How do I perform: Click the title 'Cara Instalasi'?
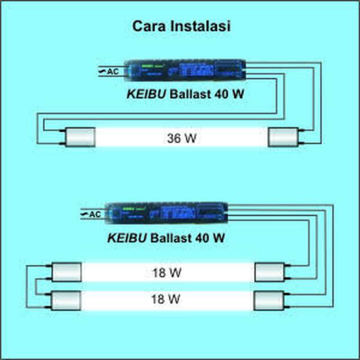[x=181, y=26]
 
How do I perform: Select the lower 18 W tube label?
[x=166, y=299]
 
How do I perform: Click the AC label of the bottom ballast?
[x=94, y=214]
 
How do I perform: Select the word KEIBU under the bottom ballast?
[x=127, y=238]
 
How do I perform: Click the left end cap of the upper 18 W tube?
[x=66, y=273]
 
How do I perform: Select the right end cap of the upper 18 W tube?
[x=268, y=273]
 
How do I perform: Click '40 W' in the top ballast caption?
[x=230, y=95]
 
